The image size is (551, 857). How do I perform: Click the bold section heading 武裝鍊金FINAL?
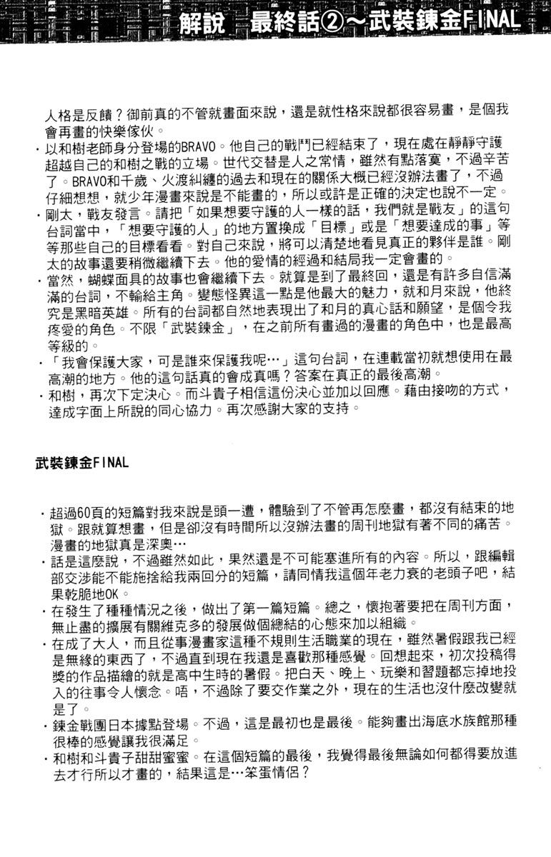(82, 462)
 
